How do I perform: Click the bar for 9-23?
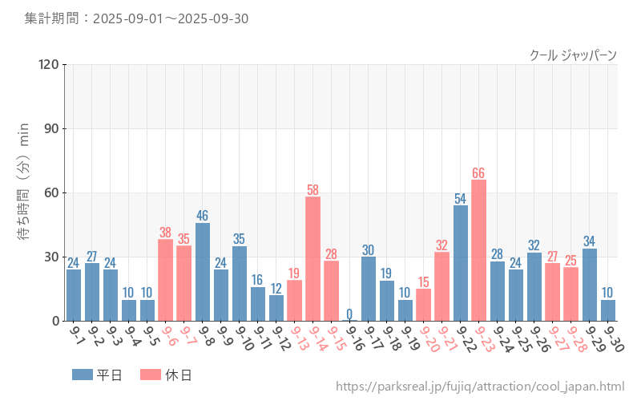(x=478, y=250)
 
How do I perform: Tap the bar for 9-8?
(x=203, y=272)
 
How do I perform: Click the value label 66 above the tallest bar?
(x=478, y=173)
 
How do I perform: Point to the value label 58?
(x=312, y=190)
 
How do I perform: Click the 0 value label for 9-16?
(x=349, y=314)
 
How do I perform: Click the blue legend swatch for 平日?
(x=83, y=375)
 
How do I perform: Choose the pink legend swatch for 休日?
(x=150, y=375)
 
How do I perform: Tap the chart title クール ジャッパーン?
(x=573, y=55)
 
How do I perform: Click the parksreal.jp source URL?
(x=480, y=387)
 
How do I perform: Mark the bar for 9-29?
(x=589, y=285)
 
